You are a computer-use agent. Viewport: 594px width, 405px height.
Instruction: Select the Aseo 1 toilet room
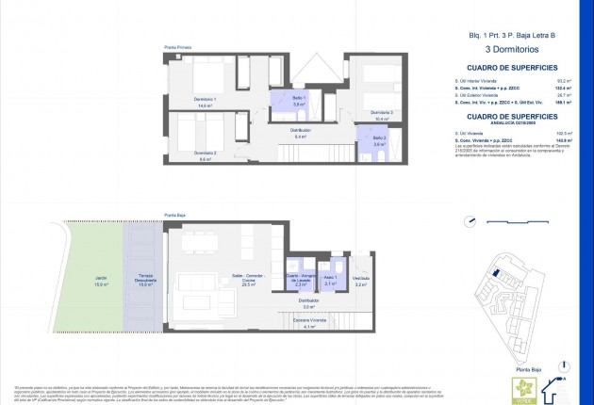click(x=330, y=280)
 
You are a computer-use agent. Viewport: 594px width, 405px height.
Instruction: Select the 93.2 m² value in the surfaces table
click(x=561, y=82)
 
